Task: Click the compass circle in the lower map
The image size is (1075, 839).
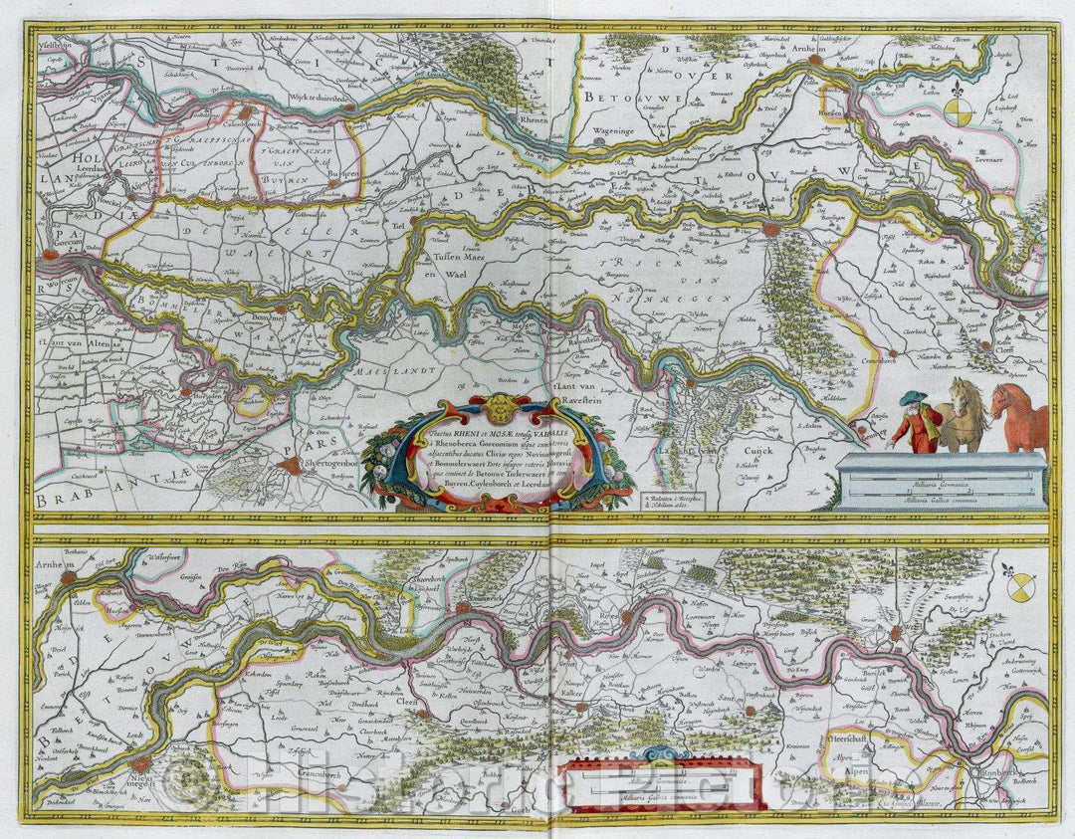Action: [1014, 592]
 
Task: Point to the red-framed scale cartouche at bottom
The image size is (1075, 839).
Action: [662, 782]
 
